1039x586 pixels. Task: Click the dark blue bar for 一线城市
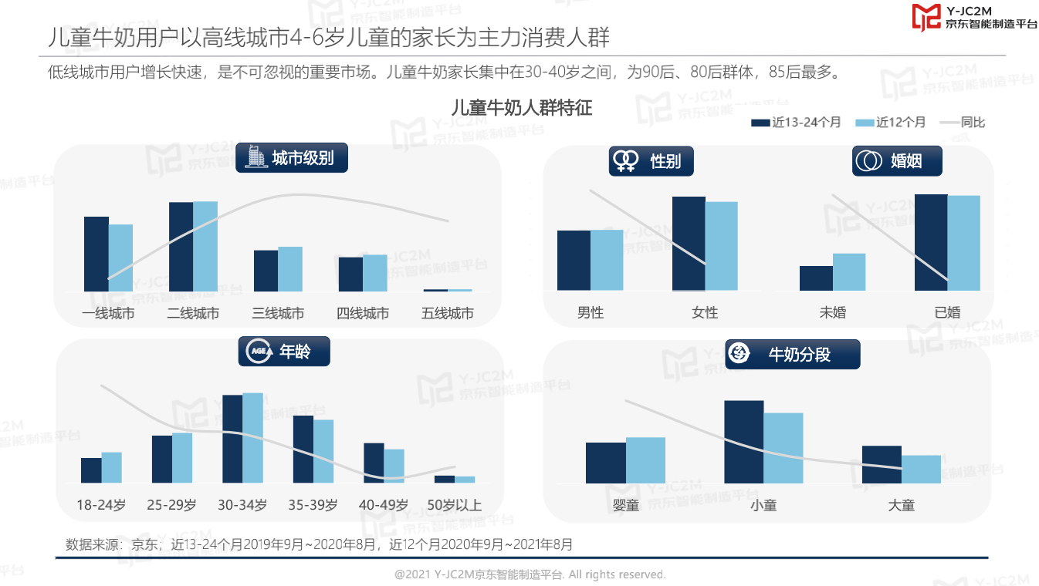click(x=96, y=254)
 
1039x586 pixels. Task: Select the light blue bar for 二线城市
click(x=205, y=246)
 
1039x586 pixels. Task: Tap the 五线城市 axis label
click(x=448, y=313)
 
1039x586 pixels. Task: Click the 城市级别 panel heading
click(x=292, y=158)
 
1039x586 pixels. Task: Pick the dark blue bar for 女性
click(x=689, y=244)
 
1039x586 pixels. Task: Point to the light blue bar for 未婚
click(x=849, y=272)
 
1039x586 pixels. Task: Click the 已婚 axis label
click(x=947, y=312)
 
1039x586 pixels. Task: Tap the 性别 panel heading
click(x=651, y=161)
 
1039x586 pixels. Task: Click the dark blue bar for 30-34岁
click(x=232, y=439)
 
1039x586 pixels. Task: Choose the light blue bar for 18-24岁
click(x=112, y=467)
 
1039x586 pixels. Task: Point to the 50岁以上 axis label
click(x=454, y=506)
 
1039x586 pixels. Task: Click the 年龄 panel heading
click(x=285, y=352)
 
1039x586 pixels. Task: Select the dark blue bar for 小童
click(x=743, y=442)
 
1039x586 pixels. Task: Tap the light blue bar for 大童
click(x=921, y=469)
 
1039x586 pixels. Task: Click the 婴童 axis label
click(x=626, y=506)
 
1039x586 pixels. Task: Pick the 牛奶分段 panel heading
click(x=792, y=355)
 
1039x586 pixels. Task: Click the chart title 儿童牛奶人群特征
click(x=521, y=108)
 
